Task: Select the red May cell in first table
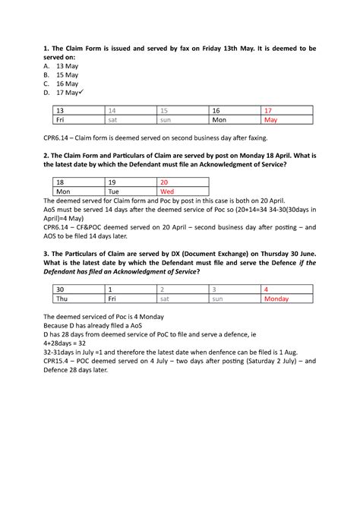point(271,120)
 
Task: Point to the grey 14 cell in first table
point(113,110)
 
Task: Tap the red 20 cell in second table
point(164,182)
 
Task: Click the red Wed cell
point(166,192)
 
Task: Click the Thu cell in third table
point(62,299)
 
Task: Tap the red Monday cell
point(276,299)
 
